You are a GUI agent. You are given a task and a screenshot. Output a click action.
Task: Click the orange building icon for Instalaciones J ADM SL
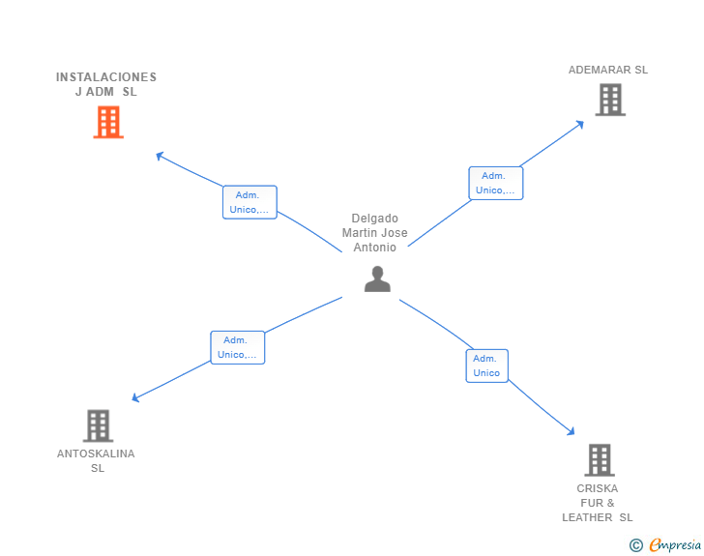point(108,122)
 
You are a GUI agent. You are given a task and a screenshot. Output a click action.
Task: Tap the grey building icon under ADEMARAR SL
point(609,100)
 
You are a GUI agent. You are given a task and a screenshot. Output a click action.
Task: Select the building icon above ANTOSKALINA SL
point(98,425)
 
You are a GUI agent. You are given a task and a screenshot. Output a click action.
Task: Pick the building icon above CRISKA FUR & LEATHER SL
point(599,460)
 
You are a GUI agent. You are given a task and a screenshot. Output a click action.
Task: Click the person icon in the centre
point(377,279)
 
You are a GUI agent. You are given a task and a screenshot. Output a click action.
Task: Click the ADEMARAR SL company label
point(608,70)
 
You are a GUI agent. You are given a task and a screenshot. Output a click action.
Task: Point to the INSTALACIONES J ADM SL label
point(106,84)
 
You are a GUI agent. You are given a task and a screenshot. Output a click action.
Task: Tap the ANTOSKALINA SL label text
point(97,460)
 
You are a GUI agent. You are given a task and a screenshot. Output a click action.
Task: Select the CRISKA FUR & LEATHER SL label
point(598,503)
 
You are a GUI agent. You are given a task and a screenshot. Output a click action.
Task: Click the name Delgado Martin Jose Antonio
point(375,233)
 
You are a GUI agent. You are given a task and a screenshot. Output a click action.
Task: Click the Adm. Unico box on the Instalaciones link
point(249,202)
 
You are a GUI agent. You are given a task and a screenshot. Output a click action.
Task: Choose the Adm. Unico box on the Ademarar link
point(496,183)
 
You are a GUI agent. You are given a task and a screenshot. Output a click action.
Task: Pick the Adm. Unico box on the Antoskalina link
point(238,347)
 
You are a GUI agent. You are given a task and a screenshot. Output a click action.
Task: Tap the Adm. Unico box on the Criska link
point(486,366)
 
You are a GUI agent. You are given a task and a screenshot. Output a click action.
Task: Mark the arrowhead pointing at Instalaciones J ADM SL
point(160,155)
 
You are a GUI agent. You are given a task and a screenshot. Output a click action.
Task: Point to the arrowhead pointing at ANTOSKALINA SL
point(135,398)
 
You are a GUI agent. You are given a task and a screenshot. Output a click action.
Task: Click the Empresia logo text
point(675,545)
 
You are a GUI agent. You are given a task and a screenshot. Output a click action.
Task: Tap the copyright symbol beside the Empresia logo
point(635,545)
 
